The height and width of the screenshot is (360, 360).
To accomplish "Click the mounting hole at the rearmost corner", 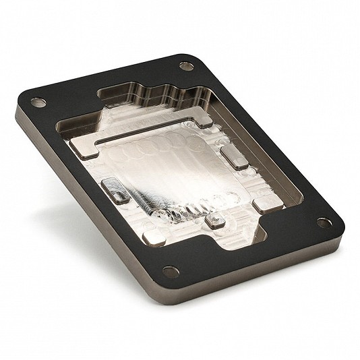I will pyautogui.click(x=185, y=66).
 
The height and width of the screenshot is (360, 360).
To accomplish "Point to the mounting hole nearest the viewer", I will pyautogui.click(x=171, y=272).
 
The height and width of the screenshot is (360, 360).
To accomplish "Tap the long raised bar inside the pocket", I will pyautogui.click(x=155, y=138).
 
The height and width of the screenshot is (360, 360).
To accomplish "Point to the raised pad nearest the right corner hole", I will pyautogui.click(x=266, y=204).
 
